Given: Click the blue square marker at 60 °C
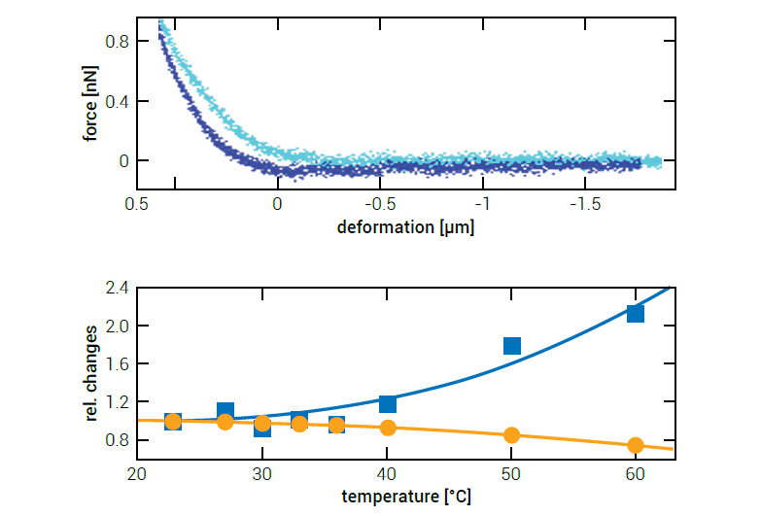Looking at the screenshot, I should pos(636,313).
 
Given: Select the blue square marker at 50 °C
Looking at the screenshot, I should pos(512,346).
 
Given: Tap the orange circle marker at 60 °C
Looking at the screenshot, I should pos(636,445).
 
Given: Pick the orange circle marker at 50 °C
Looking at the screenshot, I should pos(512,435).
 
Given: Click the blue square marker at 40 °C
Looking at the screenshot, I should pos(388,403).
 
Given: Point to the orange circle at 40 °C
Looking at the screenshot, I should pos(388,428).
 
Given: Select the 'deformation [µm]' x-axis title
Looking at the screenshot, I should pos(404,228).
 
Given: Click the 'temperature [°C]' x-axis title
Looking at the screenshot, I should pos(404,498).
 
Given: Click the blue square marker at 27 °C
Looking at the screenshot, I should pos(225,411).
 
